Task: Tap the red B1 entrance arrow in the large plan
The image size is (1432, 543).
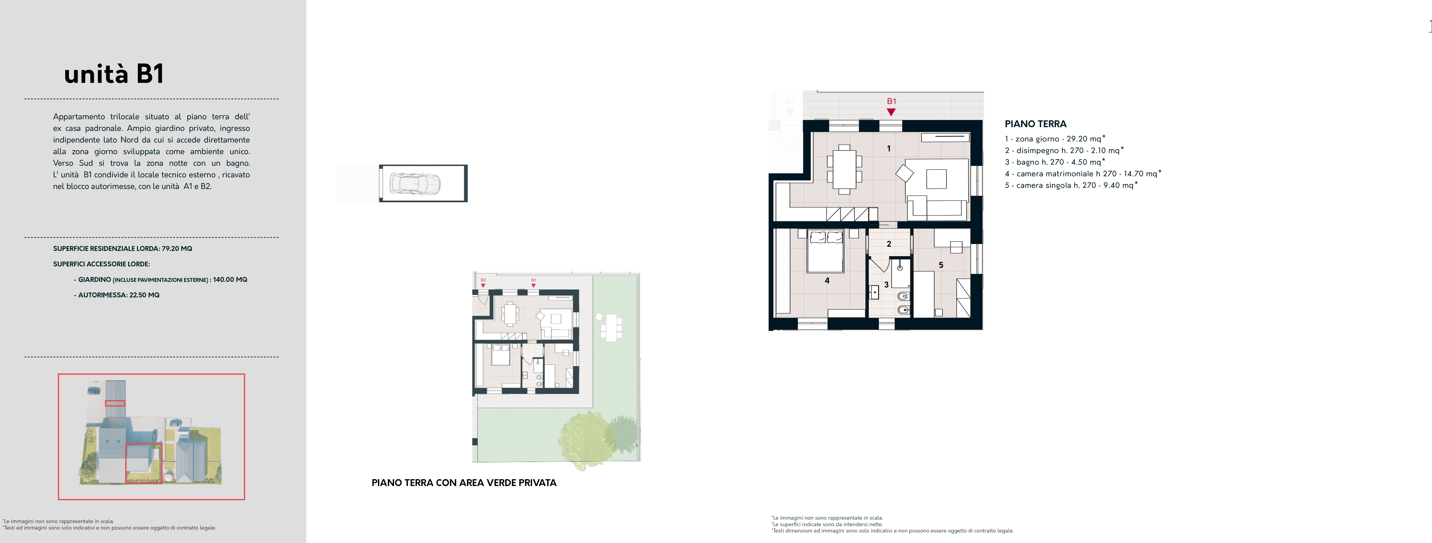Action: (x=891, y=112)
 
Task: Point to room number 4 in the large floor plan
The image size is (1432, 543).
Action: (x=827, y=281)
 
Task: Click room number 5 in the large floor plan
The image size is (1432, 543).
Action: (x=941, y=265)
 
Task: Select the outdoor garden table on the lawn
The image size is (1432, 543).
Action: (x=611, y=328)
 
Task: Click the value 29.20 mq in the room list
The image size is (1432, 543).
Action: (x=1084, y=139)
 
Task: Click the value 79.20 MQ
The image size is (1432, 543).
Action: (x=177, y=248)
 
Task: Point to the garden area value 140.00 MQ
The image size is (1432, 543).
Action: (x=230, y=280)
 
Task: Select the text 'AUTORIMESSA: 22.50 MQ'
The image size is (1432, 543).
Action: (x=119, y=295)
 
